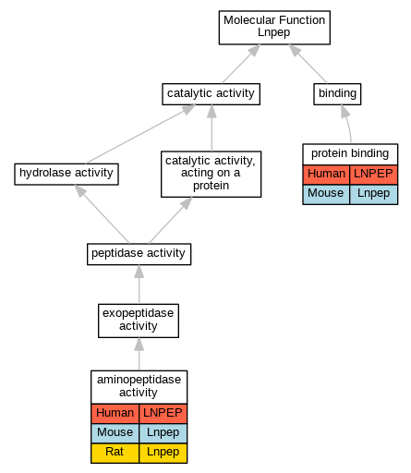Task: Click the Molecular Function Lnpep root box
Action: pos(274,28)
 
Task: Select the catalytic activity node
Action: pos(211,94)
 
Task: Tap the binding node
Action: pos(337,94)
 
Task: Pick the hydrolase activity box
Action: pos(66,174)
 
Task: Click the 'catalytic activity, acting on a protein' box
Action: pos(211,174)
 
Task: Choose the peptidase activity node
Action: pos(139,254)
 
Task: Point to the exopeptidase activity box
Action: pos(139,321)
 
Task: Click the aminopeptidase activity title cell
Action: pos(139,387)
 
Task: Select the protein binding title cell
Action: pos(350,154)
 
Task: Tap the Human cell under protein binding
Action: pos(326,175)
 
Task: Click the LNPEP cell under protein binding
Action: pos(374,175)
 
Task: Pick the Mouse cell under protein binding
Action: pos(326,194)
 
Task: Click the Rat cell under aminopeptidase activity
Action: pos(115,453)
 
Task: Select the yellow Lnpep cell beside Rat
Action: pos(163,453)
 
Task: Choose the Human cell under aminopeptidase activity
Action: pos(115,413)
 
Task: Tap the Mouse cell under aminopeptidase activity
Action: pos(115,433)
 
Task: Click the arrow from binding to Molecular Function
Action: pos(308,64)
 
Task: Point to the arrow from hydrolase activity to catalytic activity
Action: pos(140,134)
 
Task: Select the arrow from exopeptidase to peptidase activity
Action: pos(139,285)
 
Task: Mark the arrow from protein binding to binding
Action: pos(347,124)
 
